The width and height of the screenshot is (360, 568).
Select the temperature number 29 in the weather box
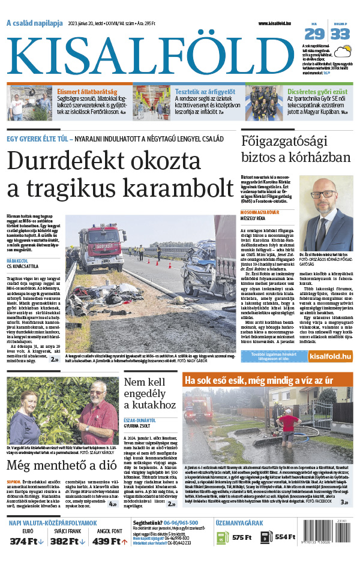[317, 34]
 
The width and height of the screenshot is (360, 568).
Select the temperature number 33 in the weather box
[340, 34]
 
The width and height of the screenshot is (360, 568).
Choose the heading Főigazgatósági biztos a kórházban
[295, 149]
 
